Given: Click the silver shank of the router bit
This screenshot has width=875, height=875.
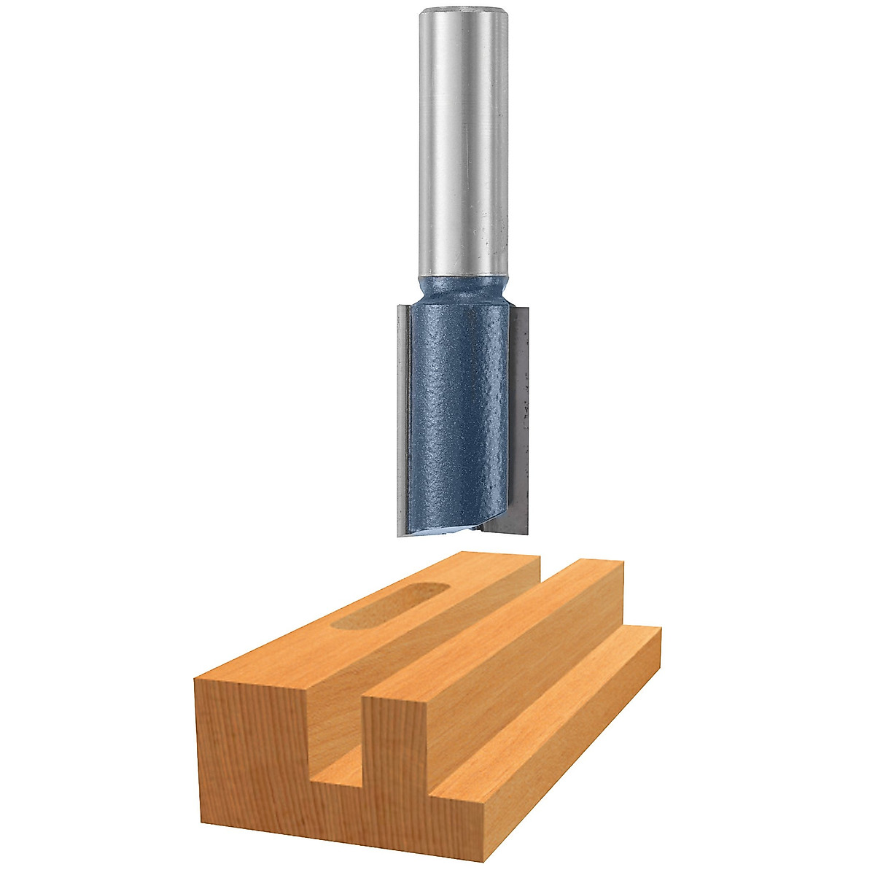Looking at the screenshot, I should click(x=464, y=146).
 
